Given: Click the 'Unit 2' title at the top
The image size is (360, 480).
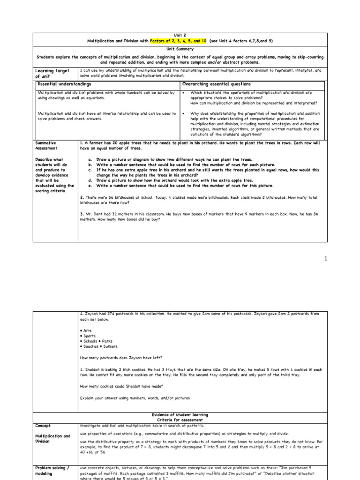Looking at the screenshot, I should [180, 35].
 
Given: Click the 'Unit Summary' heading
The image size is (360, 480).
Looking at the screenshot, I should [180, 49].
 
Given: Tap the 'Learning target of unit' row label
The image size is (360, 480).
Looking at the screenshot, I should [52, 73].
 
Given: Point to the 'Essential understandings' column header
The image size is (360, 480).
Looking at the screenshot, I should [64, 83].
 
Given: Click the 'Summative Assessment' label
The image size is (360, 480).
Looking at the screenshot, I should [46, 145].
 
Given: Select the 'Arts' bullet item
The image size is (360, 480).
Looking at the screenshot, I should [87, 330].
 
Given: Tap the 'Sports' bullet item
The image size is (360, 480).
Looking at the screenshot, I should [89, 336].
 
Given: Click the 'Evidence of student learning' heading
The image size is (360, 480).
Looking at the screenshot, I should [180, 415].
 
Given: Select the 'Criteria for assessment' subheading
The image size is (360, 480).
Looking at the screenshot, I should [180, 420].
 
